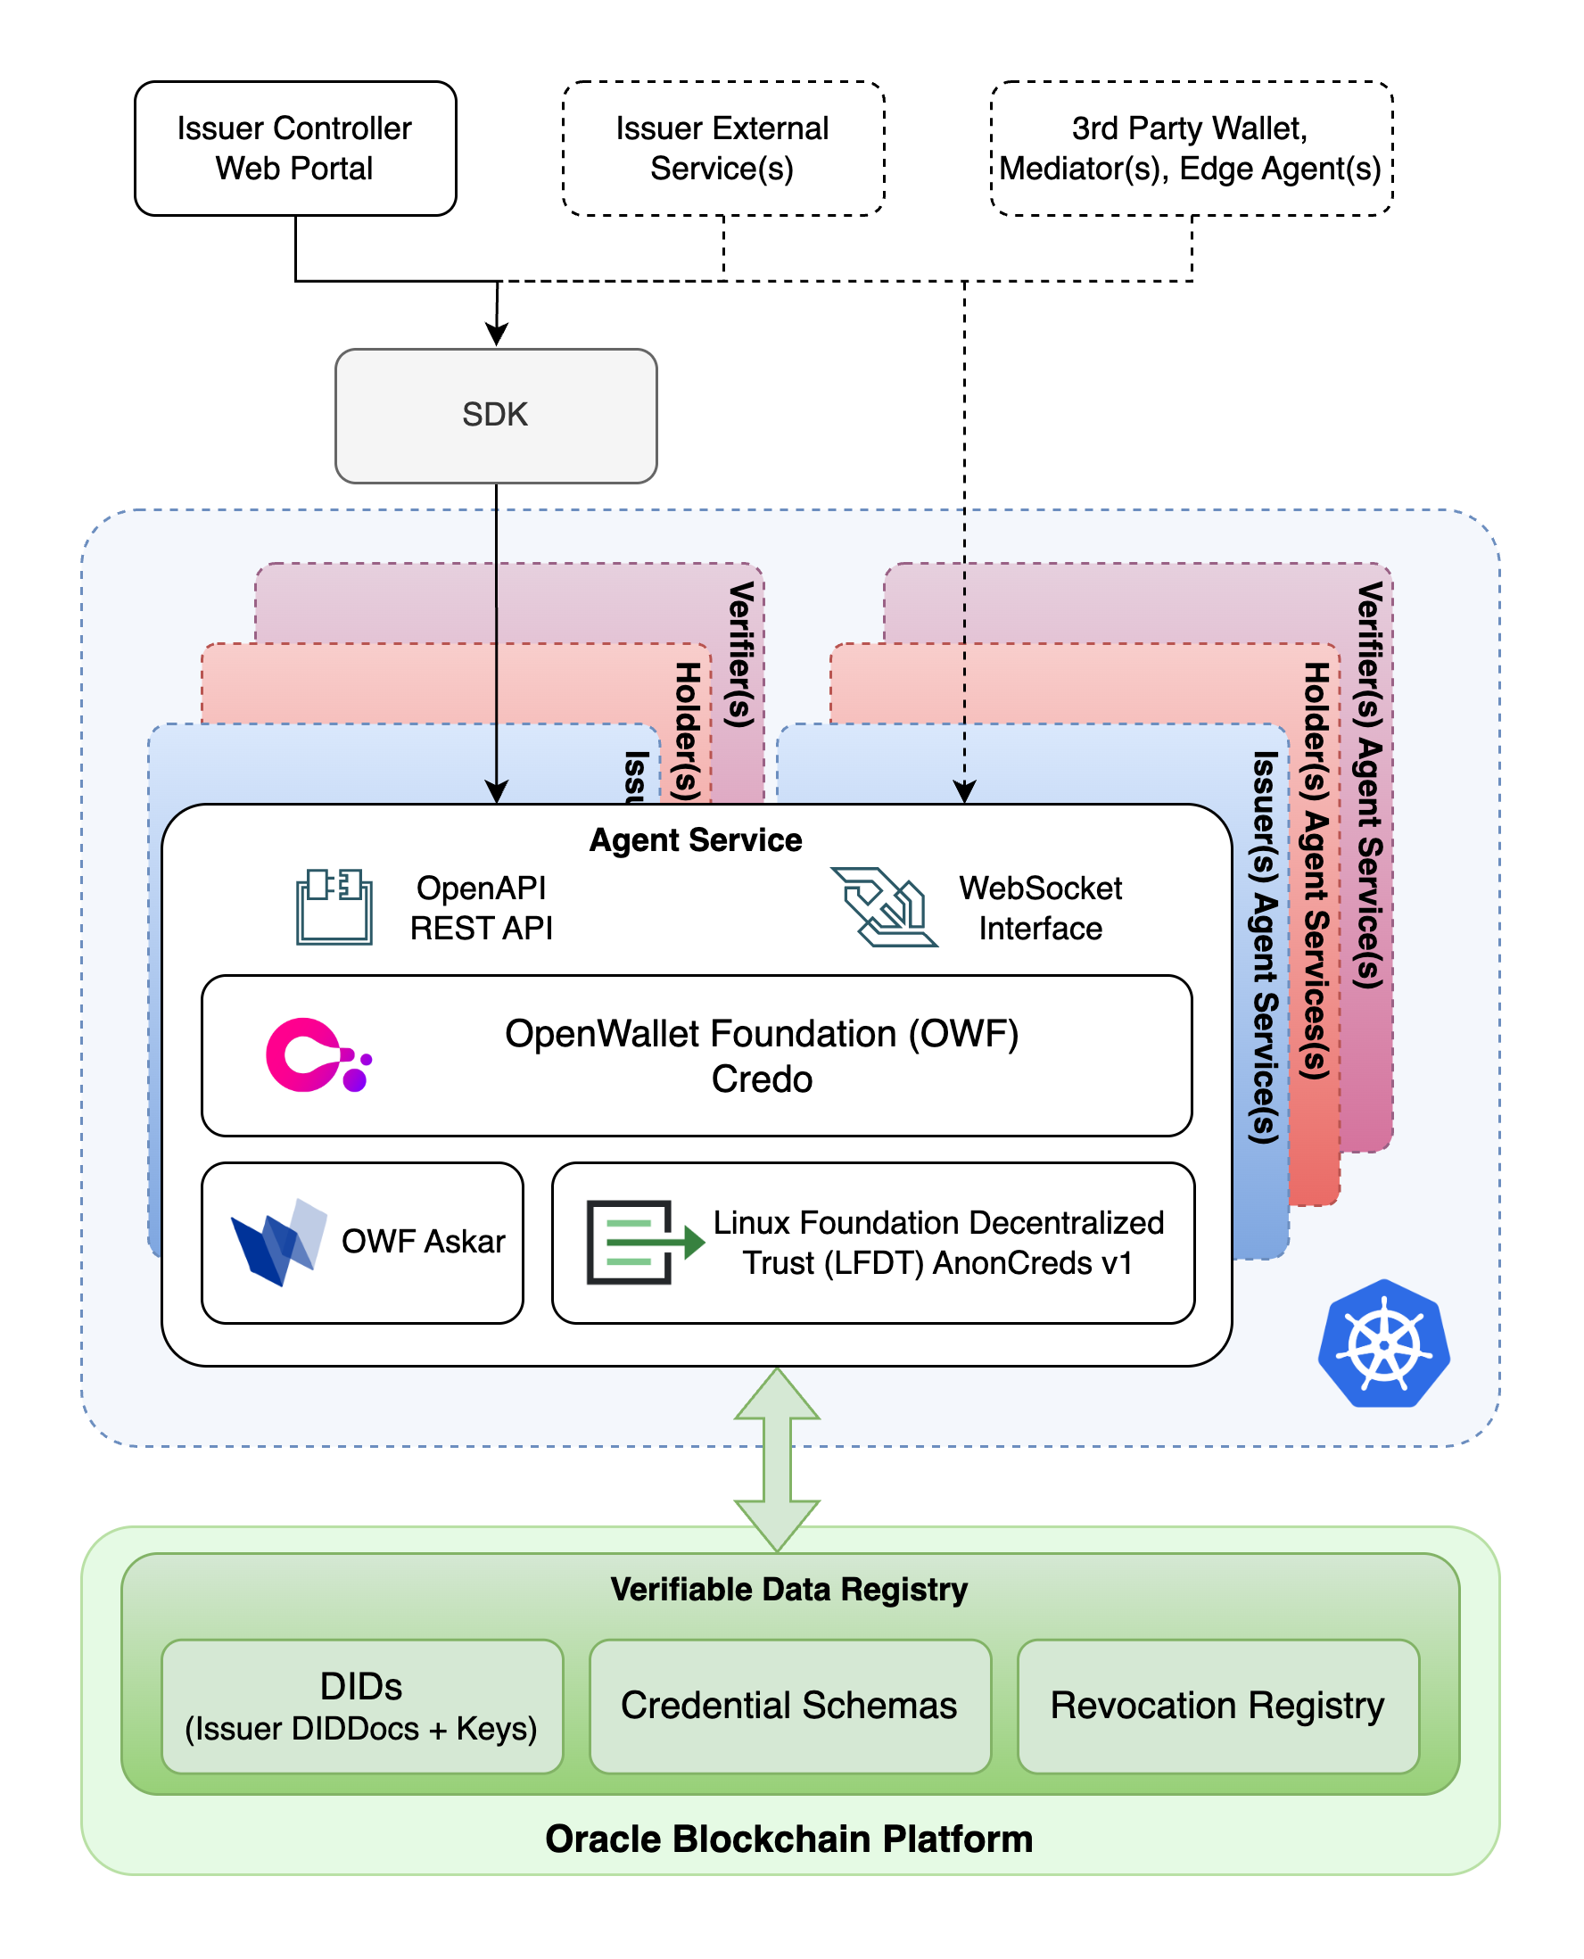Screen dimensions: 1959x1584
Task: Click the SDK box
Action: click(496, 415)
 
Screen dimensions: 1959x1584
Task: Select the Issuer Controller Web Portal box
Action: click(294, 149)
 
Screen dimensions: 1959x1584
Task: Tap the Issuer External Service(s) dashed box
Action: click(722, 149)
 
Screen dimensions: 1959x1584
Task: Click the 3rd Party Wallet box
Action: click(1191, 149)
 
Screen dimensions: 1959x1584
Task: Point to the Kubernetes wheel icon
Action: click(1383, 1343)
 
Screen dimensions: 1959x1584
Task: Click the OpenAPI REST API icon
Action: click(334, 906)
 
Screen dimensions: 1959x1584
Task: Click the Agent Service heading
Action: click(696, 839)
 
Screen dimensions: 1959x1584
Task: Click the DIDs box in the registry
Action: click(361, 1706)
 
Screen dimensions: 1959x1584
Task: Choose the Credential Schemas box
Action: click(789, 1706)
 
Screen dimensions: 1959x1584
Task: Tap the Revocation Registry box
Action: click(1217, 1706)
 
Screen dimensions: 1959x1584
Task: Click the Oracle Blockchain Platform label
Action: click(789, 1839)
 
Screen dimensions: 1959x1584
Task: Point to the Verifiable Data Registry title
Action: click(789, 1589)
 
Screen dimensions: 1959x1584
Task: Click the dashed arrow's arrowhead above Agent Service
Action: click(964, 792)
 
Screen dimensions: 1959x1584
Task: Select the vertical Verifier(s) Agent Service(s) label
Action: click(1370, 785)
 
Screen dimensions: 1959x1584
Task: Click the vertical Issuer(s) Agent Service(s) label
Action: click(1264, 946)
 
